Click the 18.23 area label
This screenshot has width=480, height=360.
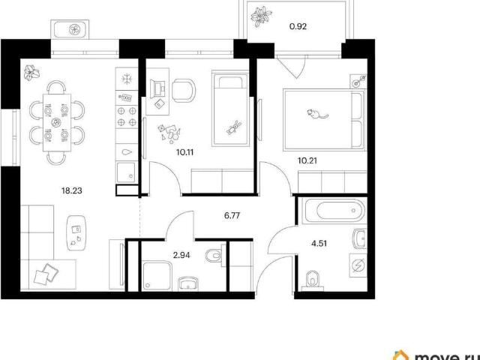pos(72,190)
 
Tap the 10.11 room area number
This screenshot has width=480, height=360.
pos(185,152)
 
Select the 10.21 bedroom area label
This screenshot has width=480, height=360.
pos(307,160)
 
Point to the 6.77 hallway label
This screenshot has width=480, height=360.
pos(232,216)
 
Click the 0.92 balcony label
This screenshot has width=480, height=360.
pos(298,27)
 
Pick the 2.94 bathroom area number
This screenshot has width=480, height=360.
pos(181,255)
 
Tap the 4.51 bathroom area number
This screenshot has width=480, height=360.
pos(319,244)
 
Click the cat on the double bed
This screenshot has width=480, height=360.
pos(317,113)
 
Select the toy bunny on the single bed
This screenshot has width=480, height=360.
pos(234,127)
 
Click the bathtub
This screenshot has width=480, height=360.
pos(334,211)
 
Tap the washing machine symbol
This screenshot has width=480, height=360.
pos(358,265)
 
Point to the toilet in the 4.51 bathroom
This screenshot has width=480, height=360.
pos(313,280)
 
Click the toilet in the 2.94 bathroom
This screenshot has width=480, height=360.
pos(214,255)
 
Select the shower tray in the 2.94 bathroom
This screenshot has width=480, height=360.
pos(157,276)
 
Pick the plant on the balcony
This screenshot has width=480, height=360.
pos(261,16)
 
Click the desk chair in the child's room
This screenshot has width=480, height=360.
pos(183,91)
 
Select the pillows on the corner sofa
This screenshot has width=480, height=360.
pos(46,274)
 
